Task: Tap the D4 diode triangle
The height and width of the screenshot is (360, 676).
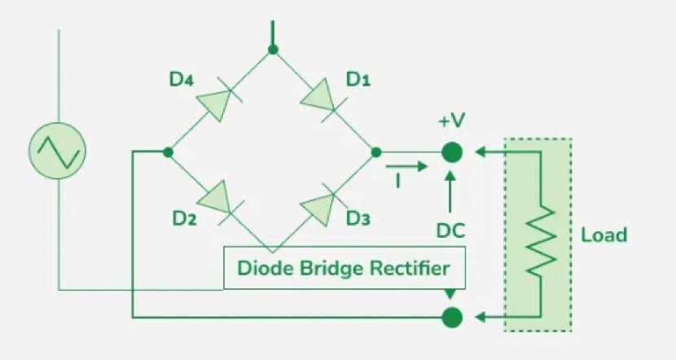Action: tap(214, 101)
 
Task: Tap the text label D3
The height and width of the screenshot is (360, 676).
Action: tap(358, 218)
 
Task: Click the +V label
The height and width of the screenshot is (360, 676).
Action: tap(452, 121)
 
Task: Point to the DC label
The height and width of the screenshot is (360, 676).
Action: tap(450, 231)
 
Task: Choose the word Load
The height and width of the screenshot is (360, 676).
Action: tap(604, 235)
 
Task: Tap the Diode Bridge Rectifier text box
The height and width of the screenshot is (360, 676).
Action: tap(345, 268)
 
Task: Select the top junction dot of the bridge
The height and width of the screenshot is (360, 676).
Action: tap(274, 50)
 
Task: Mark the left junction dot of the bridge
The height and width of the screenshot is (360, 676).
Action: tap(168, 151)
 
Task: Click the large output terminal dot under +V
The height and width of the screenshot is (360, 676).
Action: tap(451, 151)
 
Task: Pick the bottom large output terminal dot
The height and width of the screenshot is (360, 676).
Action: tap(451, 316)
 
